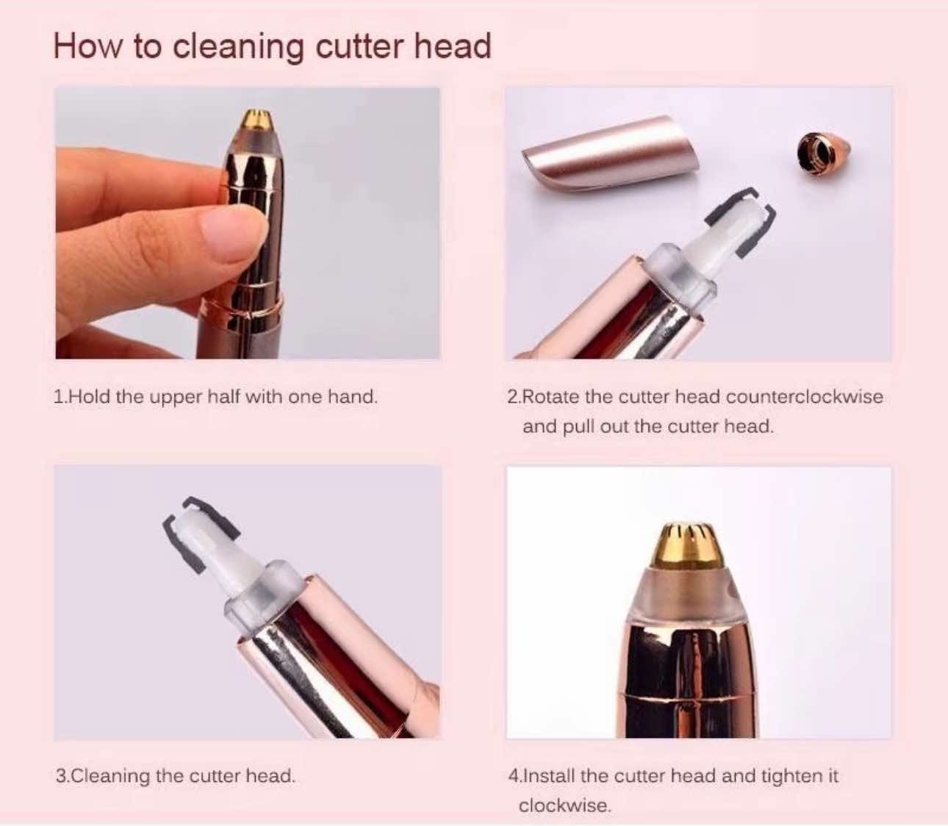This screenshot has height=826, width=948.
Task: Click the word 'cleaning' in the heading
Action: click(x=238, y=48)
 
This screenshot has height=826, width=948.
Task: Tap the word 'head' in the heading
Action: click(x=452, y=46)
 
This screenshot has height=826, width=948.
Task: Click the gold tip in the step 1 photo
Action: click(x=254, y=119)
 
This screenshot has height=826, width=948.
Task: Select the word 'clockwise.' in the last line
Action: click(x=565, y=805)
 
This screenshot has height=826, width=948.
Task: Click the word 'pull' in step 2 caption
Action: click(x=579, y=427)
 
